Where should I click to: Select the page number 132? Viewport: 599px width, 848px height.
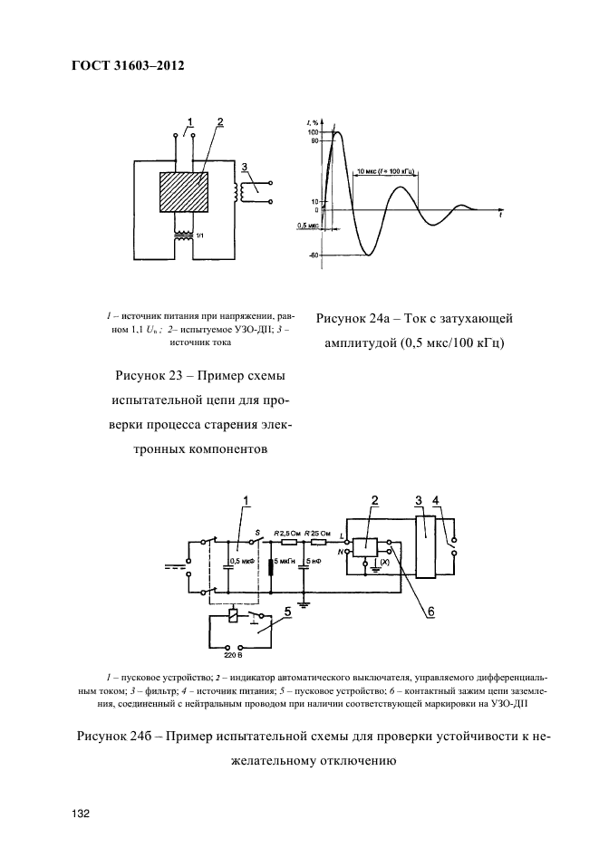click(x=79, y=814)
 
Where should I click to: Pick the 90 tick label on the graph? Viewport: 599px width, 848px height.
click(x=314, y=140)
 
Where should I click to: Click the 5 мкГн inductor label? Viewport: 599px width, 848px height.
click(x=281, y=562)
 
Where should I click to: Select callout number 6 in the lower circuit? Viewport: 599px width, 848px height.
click(x=431, y=612)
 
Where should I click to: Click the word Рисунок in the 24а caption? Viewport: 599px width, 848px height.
click(x=343, y=318)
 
